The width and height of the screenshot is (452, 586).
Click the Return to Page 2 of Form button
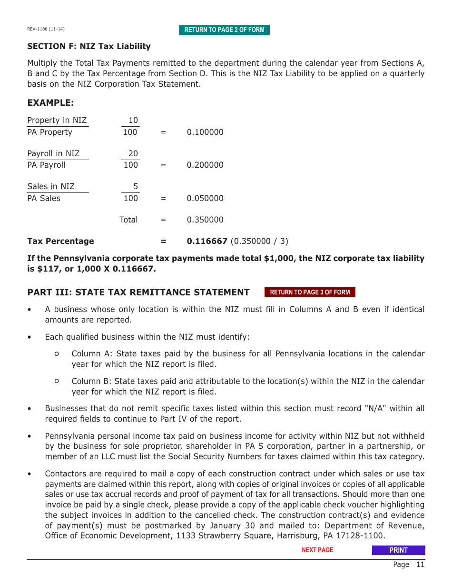pos(224,30)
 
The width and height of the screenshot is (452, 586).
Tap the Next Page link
pos(317,550)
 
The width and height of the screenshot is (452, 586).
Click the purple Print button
pos(398,550)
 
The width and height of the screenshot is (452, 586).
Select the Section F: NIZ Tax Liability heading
pos(89,46)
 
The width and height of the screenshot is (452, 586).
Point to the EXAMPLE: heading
pos(50,103)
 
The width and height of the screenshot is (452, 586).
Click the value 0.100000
pos(205,132)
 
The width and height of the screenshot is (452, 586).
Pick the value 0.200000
pos(205,165)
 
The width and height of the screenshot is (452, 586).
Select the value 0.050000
pos(205,198)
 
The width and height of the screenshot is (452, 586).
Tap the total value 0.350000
pos(205,220)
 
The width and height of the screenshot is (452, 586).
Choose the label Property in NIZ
pos(57,120)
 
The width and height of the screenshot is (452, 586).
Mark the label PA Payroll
pos(46,165)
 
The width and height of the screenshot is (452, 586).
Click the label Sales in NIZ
pos(51,186)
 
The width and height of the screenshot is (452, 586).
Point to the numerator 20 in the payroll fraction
pos(133,153)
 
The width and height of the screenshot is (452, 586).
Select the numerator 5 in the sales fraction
pos(136,186)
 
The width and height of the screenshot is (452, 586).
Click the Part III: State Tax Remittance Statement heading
pos(138,292)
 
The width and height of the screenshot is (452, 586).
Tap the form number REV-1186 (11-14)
pos(46,29)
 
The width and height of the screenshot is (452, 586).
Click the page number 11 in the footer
pos(420,565)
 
